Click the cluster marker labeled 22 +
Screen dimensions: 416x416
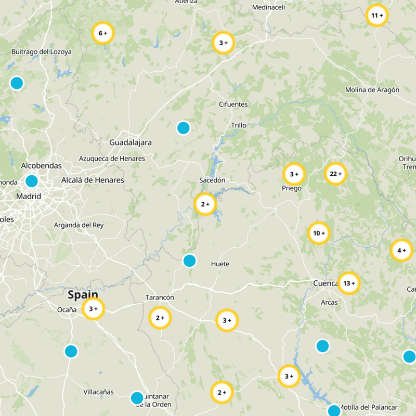tap(335, 174)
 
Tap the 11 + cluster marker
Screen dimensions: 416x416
tap(377, 16)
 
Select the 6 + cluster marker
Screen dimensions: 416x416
tap(102, 33)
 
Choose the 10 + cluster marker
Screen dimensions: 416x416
tap(319, 233)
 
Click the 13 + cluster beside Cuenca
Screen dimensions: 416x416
tap(349, 283)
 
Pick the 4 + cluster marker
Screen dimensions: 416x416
tap(401, 251)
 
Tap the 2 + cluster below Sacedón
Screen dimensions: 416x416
tap(205, 204)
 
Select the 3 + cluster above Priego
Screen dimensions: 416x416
tap(294, 174)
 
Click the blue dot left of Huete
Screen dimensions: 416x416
tap(190, 261)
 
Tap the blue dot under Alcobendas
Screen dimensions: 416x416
tap(32, 181)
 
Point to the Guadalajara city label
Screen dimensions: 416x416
tap(131, 142)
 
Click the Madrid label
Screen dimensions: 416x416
tap(28, 197)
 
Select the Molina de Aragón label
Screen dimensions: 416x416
tap(372, 90)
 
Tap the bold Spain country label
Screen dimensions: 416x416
tap(83, 295)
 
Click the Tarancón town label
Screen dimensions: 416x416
tap(159, 297)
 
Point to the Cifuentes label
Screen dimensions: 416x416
tap(233, 105)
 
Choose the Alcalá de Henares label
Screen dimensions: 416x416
tap(93, 180)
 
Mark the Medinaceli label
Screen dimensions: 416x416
tap(269, 7)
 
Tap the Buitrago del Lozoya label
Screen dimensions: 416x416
tap(42, 52)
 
